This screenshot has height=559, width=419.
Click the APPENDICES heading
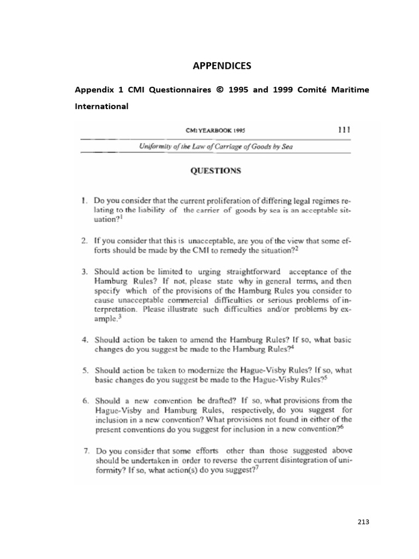(222, 66)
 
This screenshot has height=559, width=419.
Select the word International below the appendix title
(101, 106)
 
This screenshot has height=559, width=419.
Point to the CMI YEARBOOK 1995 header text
(214, 131)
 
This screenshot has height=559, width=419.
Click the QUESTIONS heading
(215, 170)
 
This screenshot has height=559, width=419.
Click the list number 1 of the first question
(85, 200)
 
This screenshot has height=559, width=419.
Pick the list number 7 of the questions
(85, 451)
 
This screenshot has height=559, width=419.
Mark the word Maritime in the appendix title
(348, 90)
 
